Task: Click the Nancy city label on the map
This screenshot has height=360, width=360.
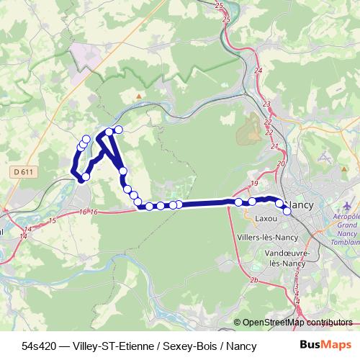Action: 300,205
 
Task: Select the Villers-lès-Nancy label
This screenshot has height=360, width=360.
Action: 266,236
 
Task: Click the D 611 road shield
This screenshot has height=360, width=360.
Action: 24,172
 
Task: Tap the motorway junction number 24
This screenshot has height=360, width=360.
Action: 258,71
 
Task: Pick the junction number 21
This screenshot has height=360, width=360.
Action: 274,146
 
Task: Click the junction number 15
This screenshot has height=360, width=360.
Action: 52,220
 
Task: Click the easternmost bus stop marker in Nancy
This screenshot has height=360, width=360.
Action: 287,210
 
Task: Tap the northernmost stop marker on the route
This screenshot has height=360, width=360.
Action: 119,130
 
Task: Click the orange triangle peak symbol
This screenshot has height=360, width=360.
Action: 140,95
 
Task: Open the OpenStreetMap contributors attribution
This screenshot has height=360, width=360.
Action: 297,323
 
